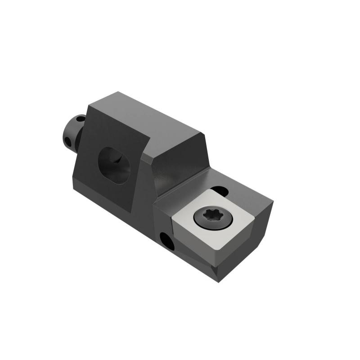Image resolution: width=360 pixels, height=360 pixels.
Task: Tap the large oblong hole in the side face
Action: click(x=115, y=165)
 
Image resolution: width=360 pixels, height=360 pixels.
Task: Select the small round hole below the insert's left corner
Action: click(x=166, y=239)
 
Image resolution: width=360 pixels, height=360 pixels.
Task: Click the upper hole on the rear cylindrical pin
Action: click(x=80, y=120)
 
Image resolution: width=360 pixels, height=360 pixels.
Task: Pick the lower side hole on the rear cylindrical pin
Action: click(x=69, y=142)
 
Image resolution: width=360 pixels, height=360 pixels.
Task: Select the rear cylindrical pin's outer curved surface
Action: click(x=72, y=130)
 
